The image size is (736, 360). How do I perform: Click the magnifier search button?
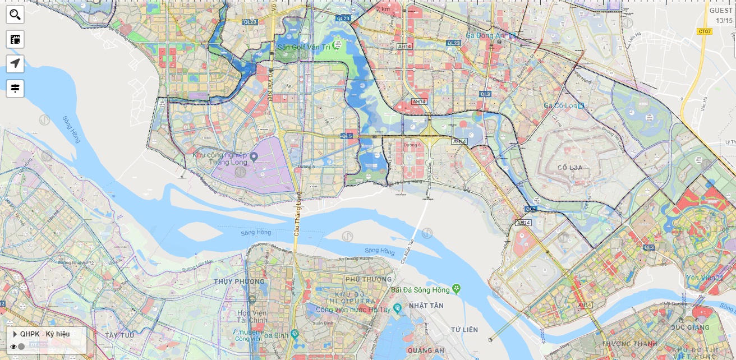[15, 15]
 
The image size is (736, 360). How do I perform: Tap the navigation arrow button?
[15, 63]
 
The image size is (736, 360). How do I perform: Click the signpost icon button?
[15, 88]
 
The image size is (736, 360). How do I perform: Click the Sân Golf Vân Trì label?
[303, 47]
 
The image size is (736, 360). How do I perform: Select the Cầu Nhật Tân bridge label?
[407, 251]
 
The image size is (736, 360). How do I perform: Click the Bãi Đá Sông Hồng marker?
[456, 289]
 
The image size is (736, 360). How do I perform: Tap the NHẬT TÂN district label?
[426, 305]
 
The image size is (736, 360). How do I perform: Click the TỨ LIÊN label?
[466, 329]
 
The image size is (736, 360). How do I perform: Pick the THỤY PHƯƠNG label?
[239, 281]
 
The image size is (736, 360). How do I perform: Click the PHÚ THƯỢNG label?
[369, 279]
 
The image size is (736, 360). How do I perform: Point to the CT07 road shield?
[704, 31]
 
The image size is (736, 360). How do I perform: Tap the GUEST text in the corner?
[720, 11]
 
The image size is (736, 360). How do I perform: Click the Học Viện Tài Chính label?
[252, 316]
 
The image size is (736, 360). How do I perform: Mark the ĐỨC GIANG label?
[691, 327]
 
